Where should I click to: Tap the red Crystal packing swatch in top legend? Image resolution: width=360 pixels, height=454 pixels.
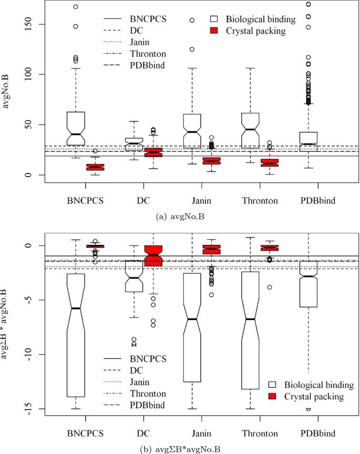pos(215,31)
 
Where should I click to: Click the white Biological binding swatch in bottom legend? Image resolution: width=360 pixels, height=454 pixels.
pos(272,383)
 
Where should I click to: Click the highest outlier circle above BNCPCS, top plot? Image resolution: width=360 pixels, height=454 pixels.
pos(76,7)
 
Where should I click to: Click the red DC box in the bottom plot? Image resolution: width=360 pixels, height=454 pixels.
pos(153,256)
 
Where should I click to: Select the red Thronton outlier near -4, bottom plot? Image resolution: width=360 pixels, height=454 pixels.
pos(269,287)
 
